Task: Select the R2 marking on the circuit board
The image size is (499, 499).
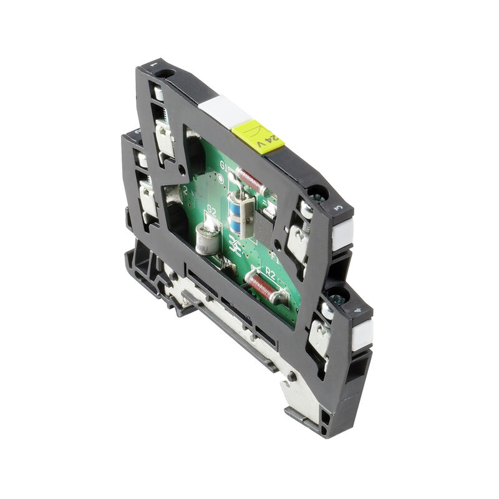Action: [269, 272]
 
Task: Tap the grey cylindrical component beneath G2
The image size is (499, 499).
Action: [207, 239]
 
